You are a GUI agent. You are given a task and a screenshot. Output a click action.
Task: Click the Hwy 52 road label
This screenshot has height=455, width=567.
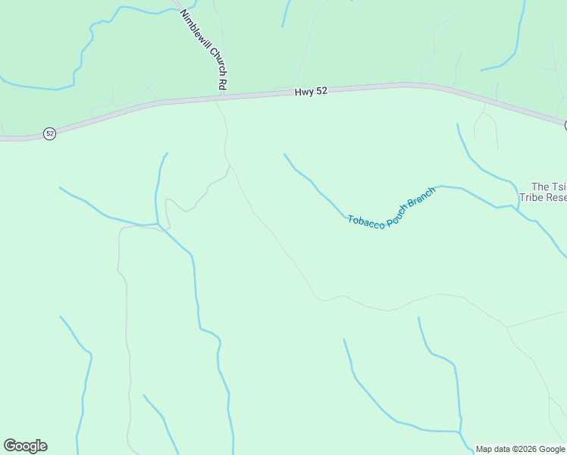[x=311, y=91]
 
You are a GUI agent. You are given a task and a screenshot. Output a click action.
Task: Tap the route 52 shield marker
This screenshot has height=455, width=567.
[x=50, y=133]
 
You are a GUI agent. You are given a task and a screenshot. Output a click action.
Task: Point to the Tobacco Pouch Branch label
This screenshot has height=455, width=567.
[x=391, y=206]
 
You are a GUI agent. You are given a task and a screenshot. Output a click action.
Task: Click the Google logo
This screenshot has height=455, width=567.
[x=25, y=446]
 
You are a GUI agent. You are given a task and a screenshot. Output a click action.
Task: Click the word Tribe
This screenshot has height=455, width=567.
[x=532, y=198]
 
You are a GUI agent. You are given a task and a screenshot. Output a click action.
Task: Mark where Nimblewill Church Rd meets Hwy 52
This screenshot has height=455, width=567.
[x=220, y=96]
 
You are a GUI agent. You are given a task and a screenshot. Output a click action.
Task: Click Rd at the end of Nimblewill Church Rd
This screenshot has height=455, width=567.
[x=221, y=83]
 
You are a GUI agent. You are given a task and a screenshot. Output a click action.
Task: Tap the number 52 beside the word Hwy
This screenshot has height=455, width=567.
[x=321, y=91]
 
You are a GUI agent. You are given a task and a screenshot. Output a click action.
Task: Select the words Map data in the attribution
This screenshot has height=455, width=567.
[x=491, y=449]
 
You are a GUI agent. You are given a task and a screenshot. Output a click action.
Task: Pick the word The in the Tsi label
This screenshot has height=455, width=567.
[x=540, y=187]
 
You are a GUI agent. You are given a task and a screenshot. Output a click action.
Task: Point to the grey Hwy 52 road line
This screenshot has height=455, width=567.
[x=152, y=103]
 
